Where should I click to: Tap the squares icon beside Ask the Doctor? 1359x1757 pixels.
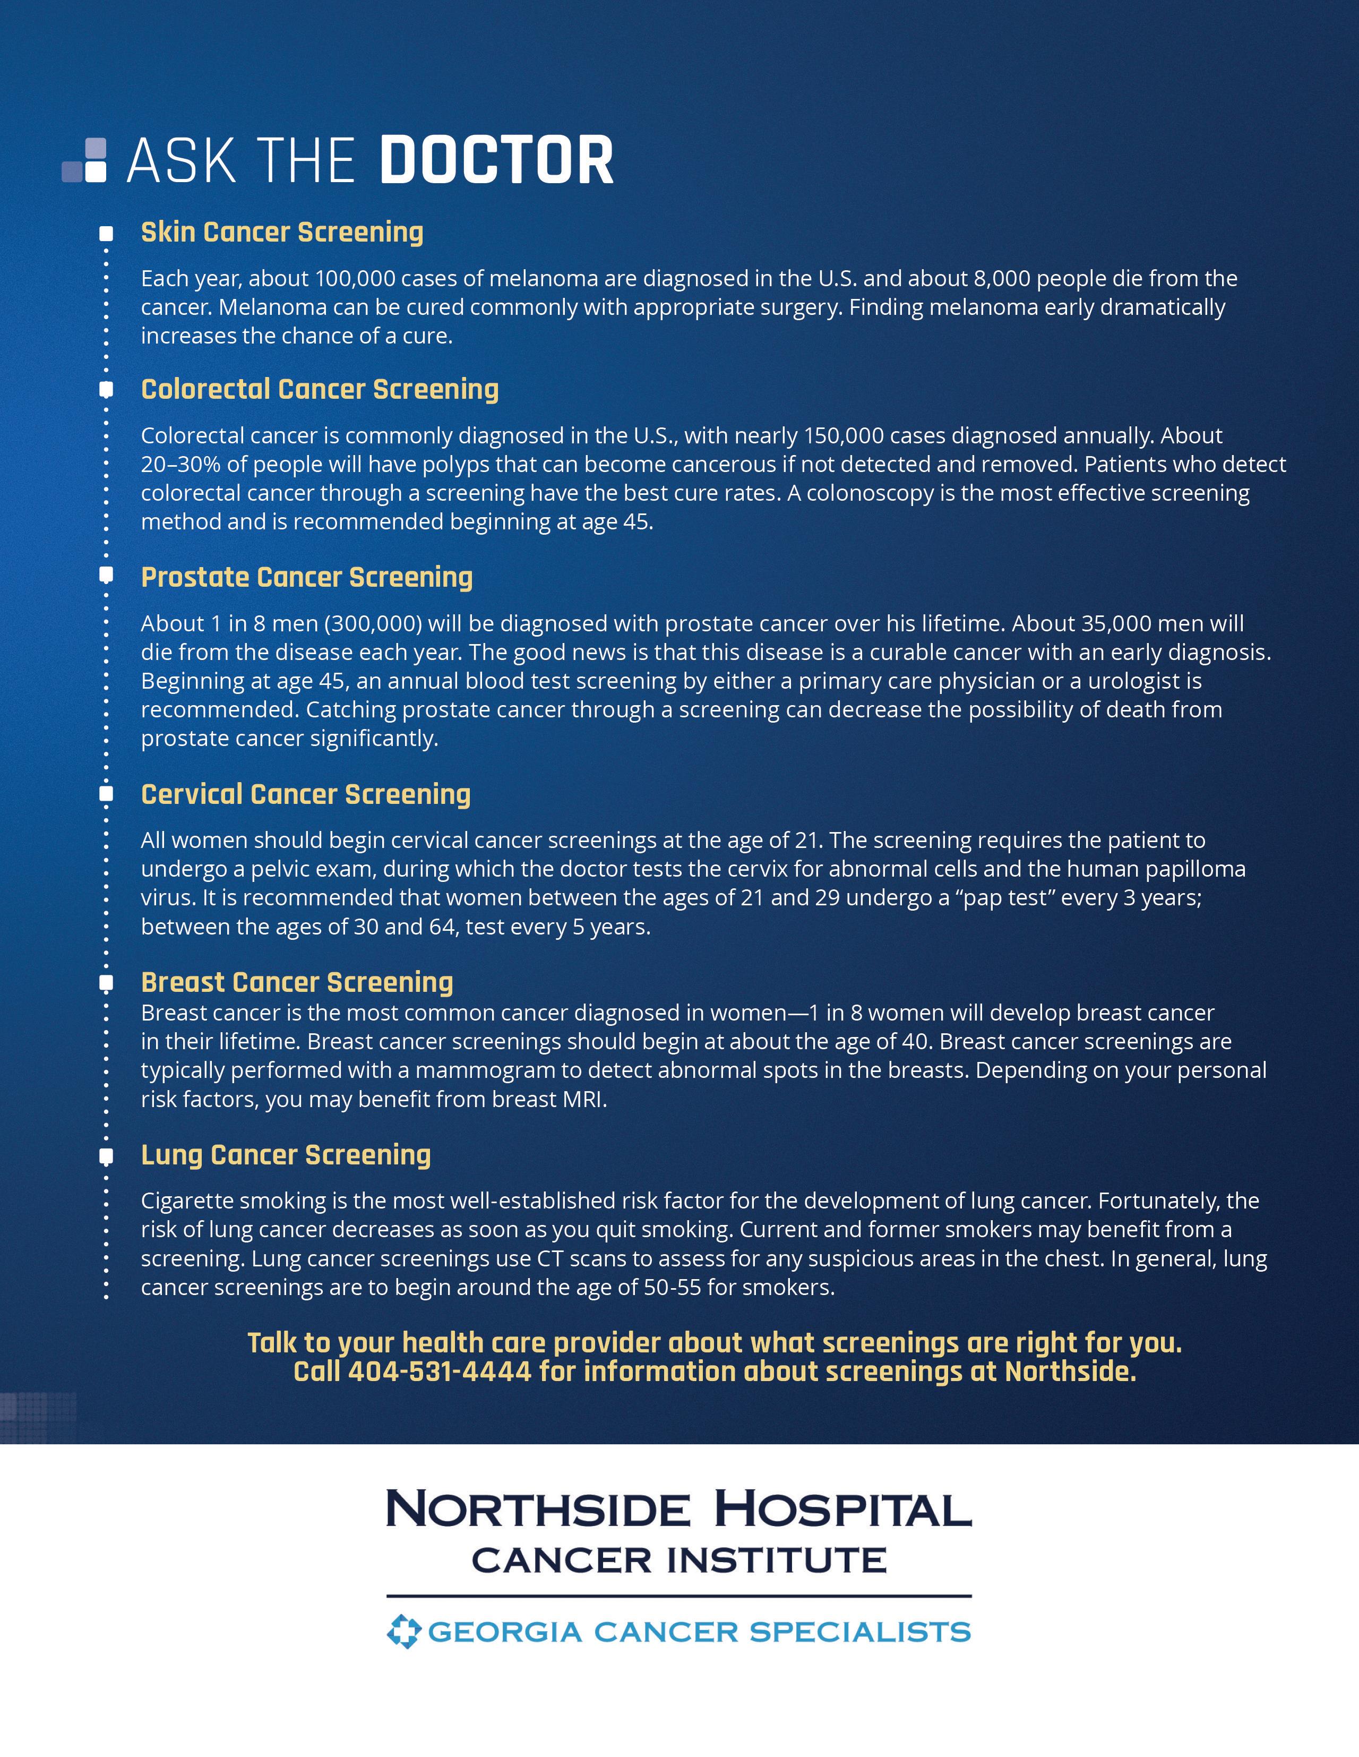coord(85,160)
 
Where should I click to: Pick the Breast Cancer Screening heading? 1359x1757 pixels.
coord(297,982)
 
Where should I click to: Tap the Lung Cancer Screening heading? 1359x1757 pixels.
coord(286,1155)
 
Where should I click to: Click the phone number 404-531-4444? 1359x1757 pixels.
coord(440,1372)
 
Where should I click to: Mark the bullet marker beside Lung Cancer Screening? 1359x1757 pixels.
coord(105,1157)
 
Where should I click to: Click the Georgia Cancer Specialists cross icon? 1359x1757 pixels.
coord(403,1632)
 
